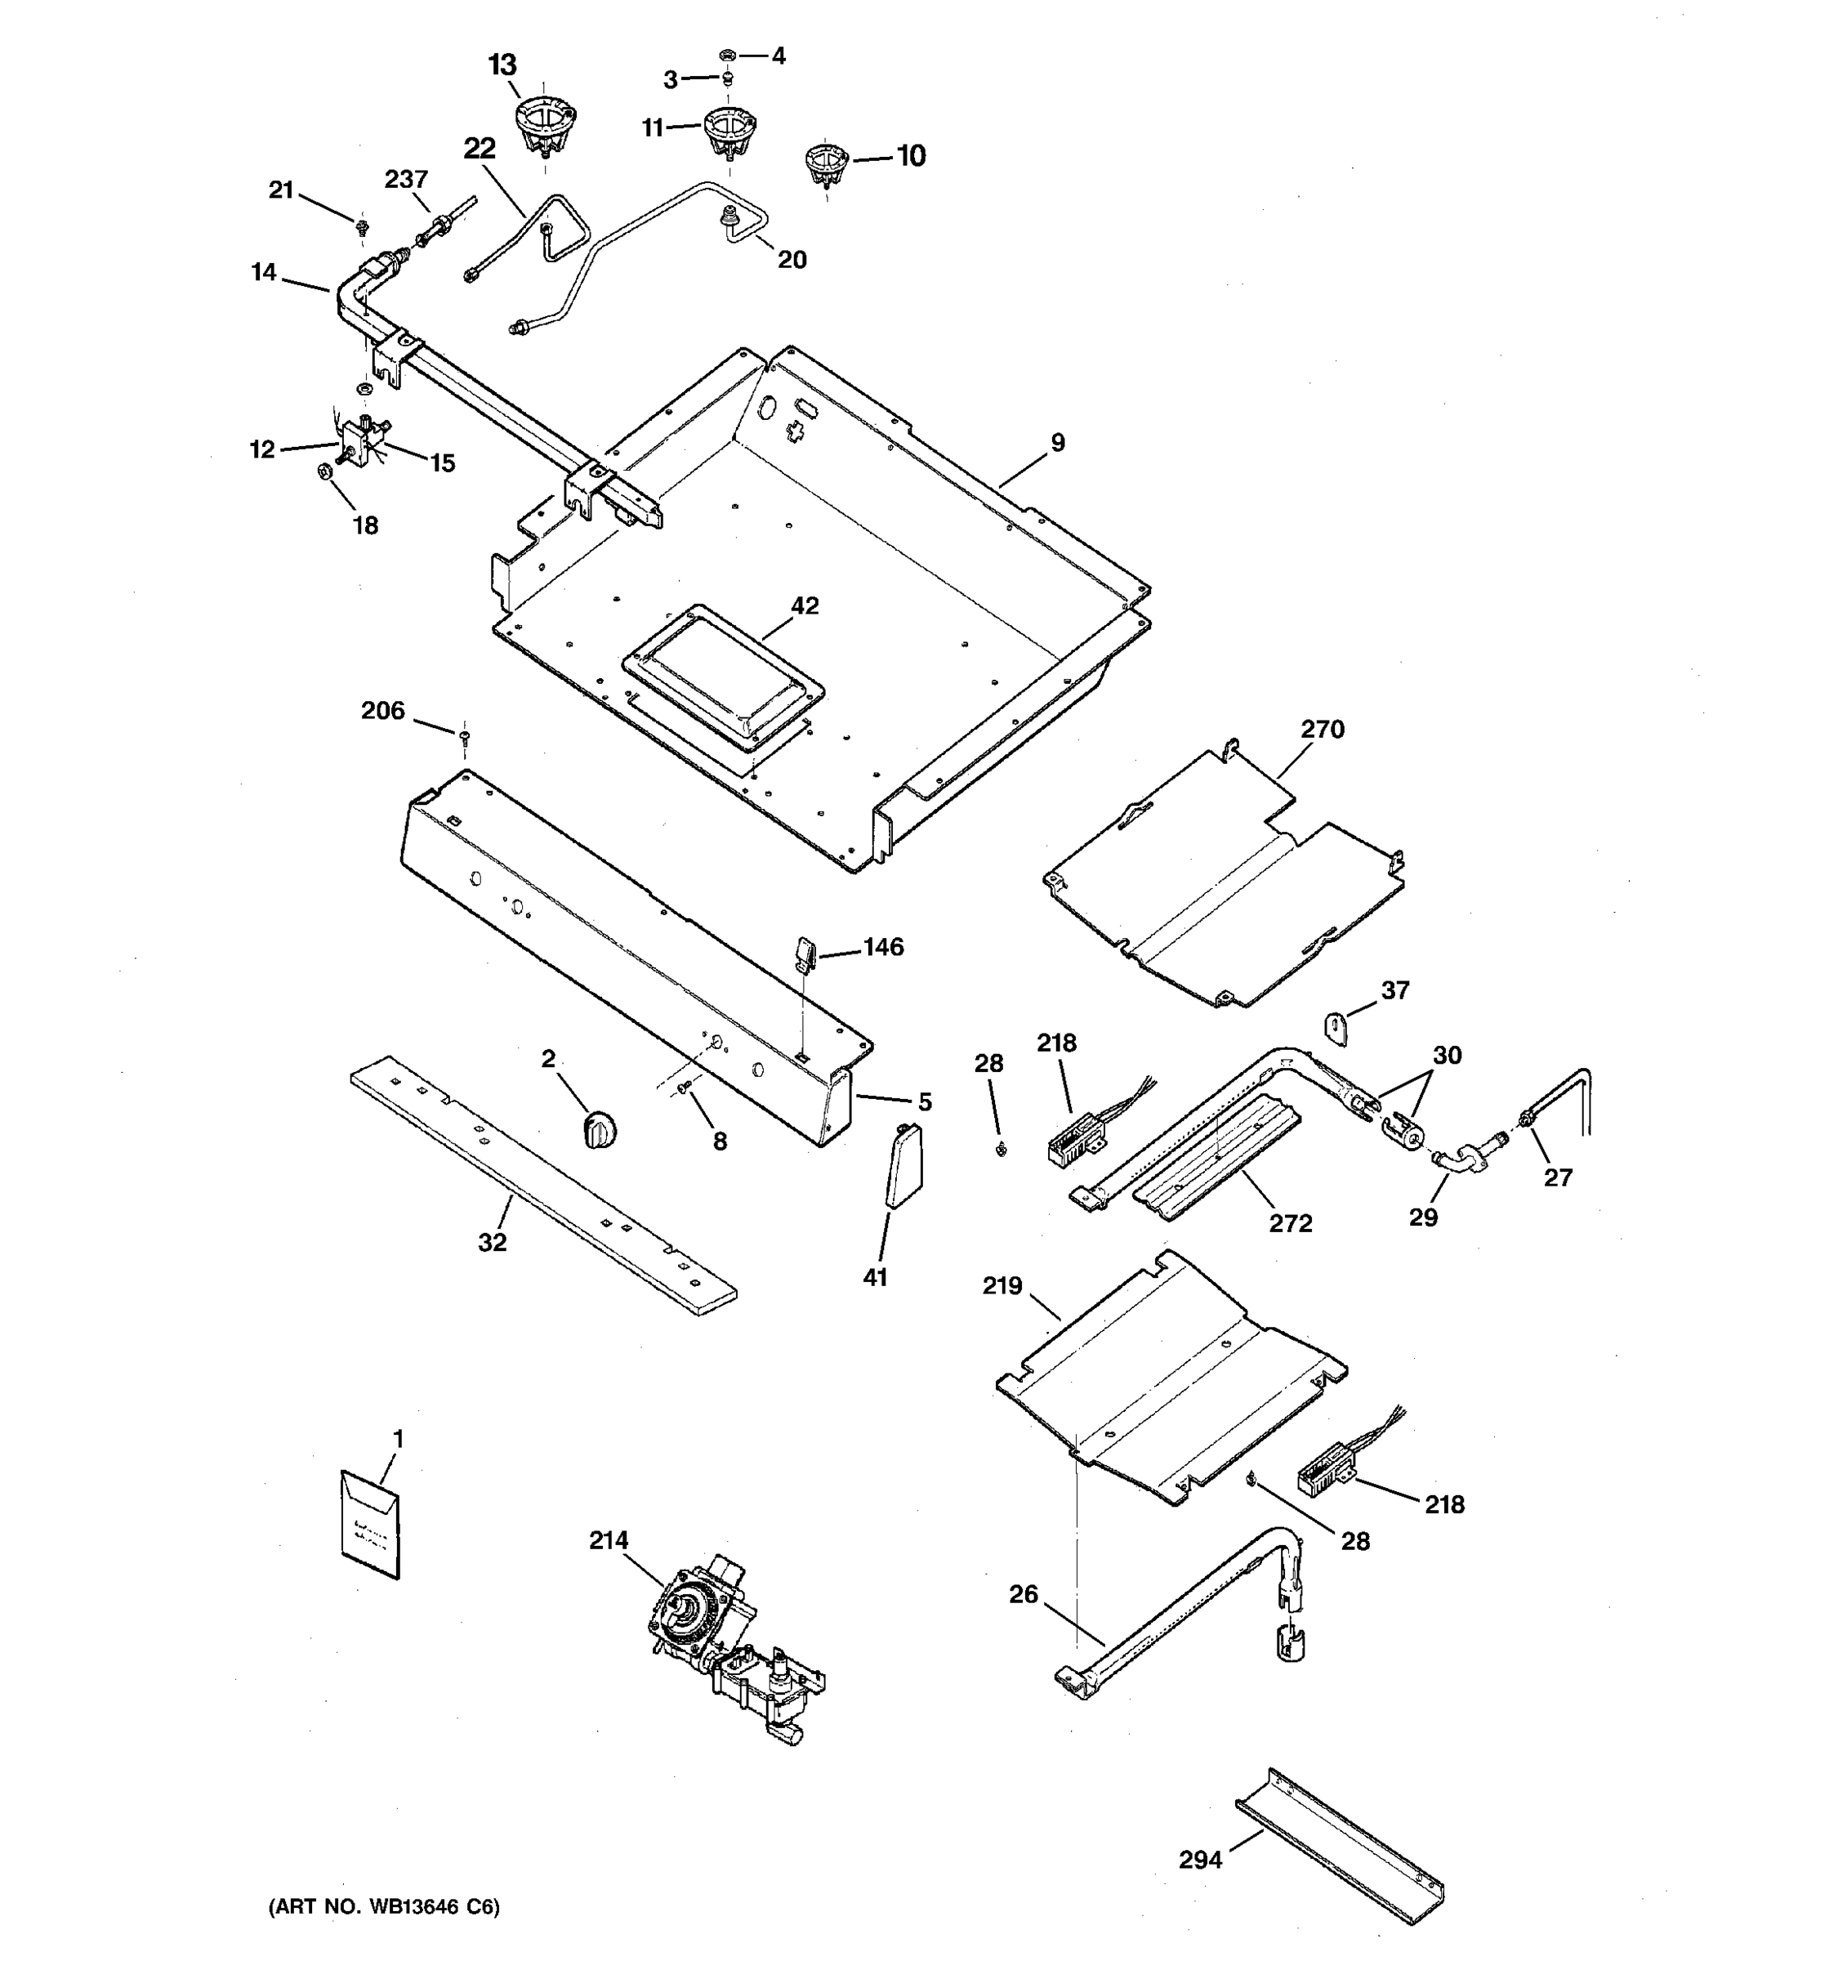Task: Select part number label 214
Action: (x=609, y=1540)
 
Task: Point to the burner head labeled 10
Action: (x=827, y=163)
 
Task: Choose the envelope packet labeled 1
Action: (x=371, y=1524)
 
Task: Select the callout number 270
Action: (x=1321, y=729)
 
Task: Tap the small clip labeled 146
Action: (x=804, y=953)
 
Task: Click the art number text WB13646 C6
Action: (x=385, y=1907)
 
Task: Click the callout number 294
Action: (x=1200, y=1860)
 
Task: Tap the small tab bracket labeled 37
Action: (x=1335, y=1028)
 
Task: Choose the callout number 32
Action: (x=492, y=1243)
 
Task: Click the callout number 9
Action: (x=1057, y=443)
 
